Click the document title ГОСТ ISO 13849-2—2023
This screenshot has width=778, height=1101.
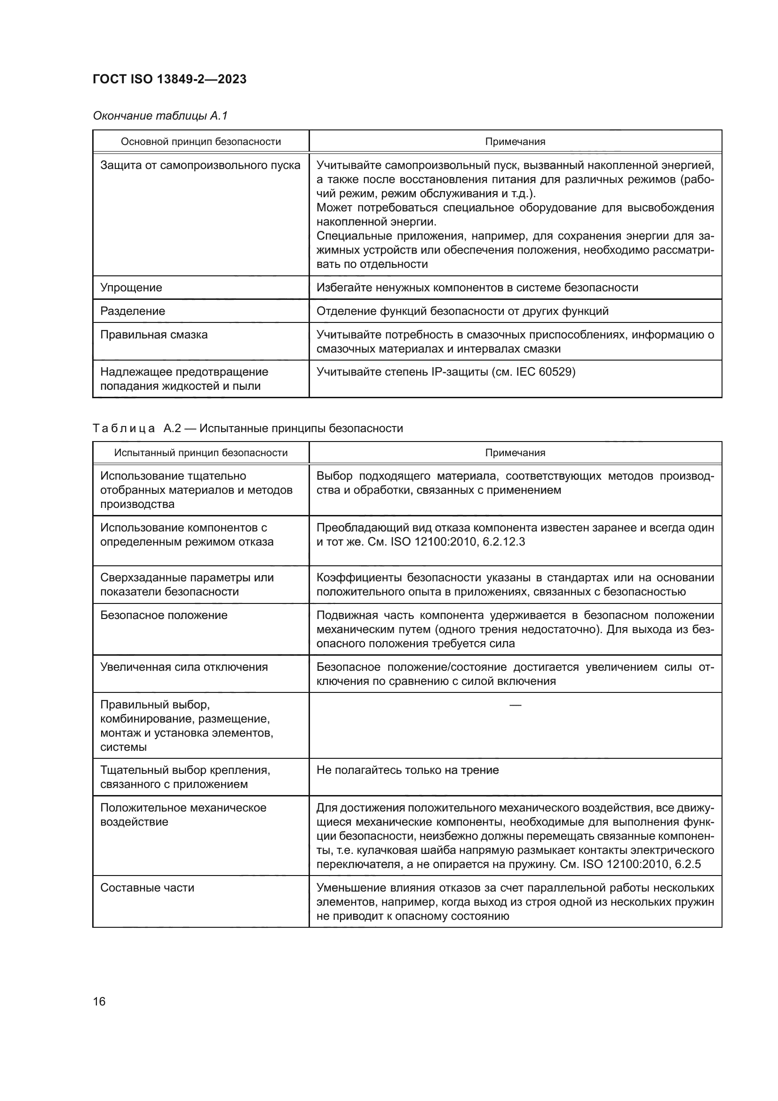pos(169,79)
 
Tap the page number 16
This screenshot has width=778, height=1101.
pos(99,1001)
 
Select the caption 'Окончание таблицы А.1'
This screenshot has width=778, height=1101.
pos(160,116)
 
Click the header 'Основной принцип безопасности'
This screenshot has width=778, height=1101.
pos(201,142)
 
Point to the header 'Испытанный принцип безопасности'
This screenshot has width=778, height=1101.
pos(201,453)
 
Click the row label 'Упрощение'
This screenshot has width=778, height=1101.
pos(131,288)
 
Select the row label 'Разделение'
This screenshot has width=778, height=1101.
pos(133,311)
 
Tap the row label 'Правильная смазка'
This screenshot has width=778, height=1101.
pos(154,335)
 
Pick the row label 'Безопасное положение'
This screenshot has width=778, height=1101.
pos(164,615)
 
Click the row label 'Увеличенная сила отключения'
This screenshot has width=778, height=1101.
pos(184,667)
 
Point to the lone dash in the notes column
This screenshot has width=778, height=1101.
pos(515,705)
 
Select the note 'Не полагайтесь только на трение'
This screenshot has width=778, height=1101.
pos(408,770)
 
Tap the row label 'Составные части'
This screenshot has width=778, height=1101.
pos(147,888)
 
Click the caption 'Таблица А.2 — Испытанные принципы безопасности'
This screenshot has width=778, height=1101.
pos(248,428)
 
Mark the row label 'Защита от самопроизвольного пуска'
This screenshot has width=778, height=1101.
pos(200,165)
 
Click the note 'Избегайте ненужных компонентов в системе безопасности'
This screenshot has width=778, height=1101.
pos(477,288)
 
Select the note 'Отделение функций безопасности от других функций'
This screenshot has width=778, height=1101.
pos(462,311)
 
